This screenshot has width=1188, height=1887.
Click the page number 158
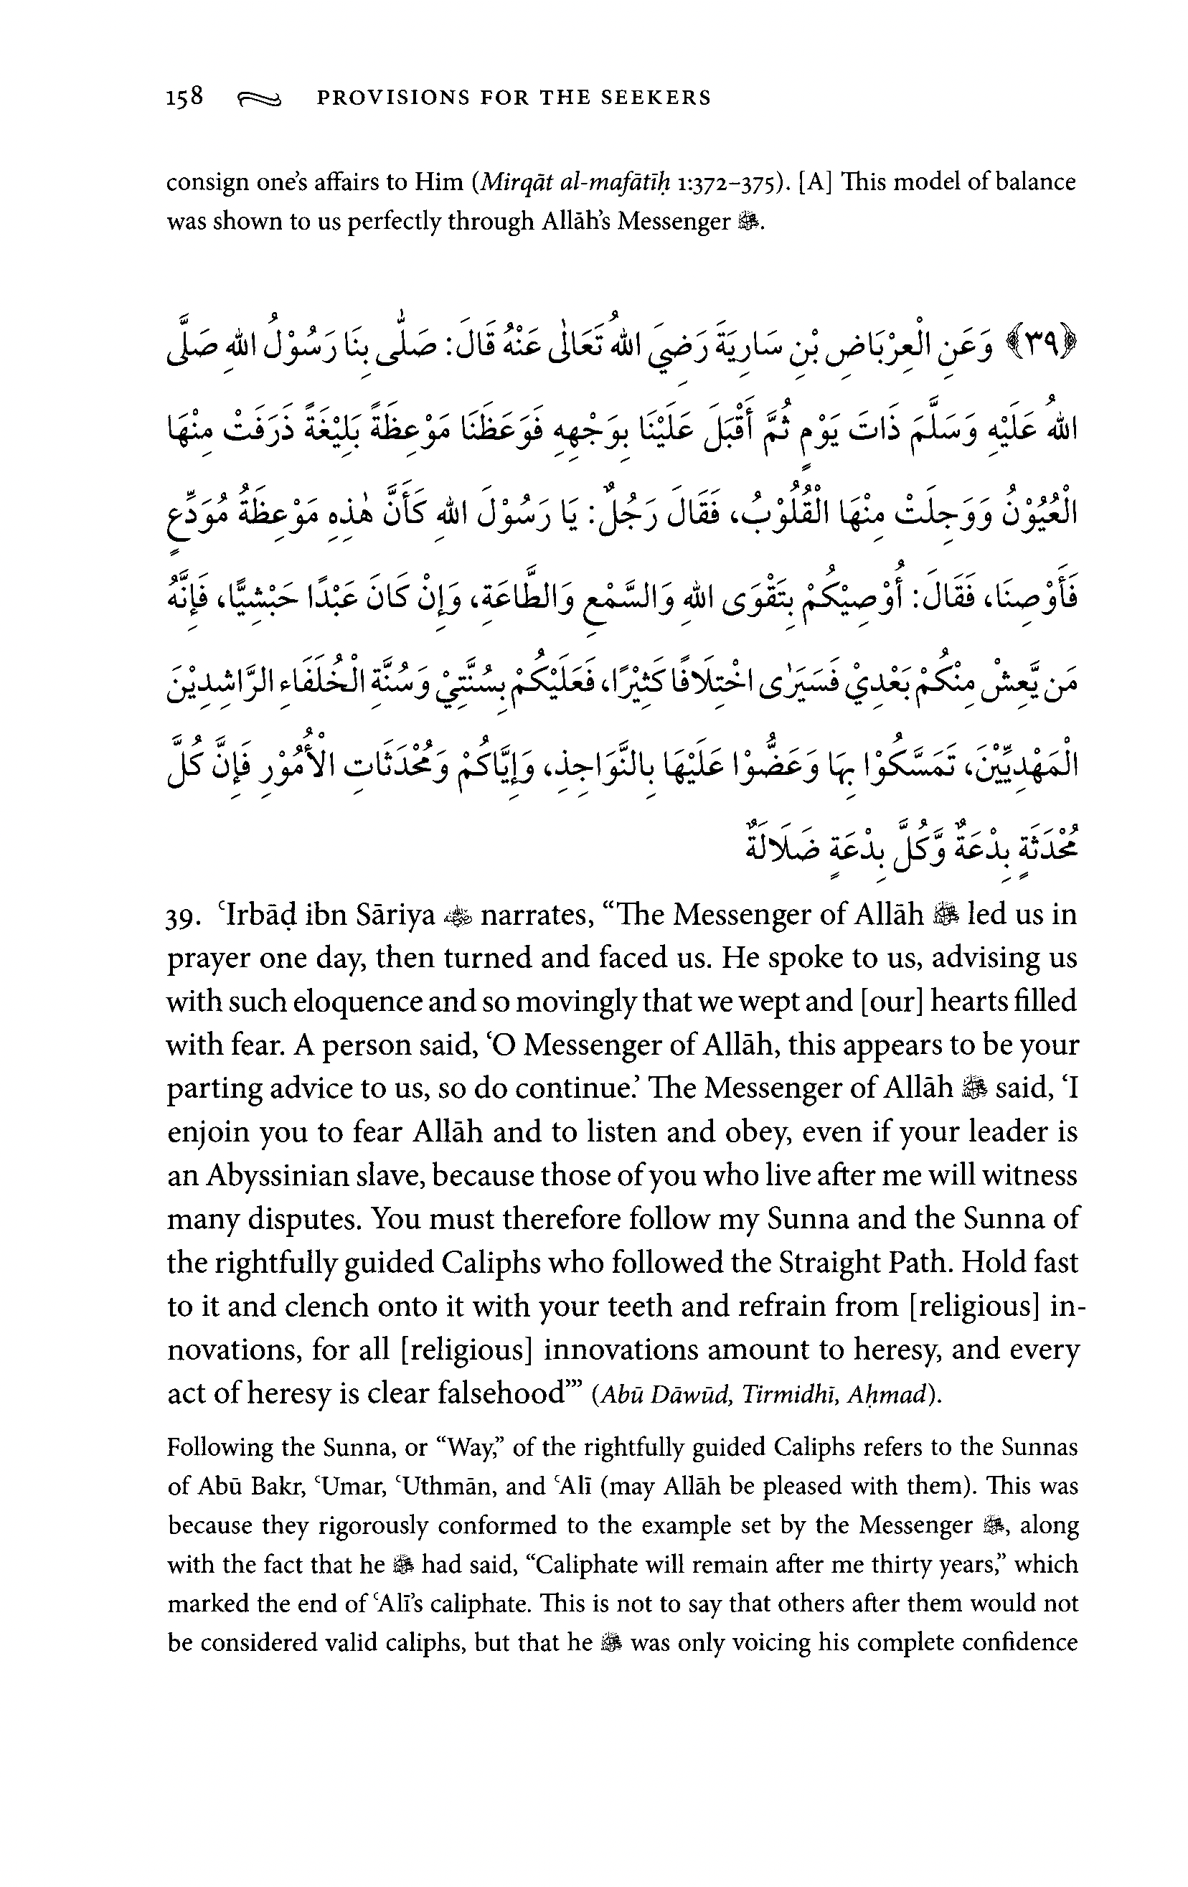tap(185, 97)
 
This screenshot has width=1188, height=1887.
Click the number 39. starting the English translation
tap(186, 917)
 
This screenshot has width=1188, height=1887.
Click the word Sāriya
tap(392, 915)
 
